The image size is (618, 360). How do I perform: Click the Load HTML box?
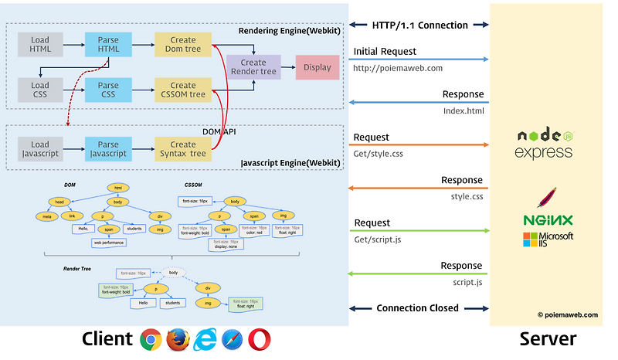(x=40, y=44)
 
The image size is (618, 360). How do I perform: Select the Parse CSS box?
(x=108, y=90)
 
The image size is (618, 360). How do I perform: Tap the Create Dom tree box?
(x=183, y=44)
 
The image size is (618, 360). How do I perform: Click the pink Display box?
(x=317, y=67)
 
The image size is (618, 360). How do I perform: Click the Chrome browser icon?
(x=151, y=339)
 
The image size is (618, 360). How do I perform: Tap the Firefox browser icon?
(x=178, y=339)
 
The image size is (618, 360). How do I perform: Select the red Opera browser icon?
(x=260, y=339)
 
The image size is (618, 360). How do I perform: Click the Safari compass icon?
(x=232, y=339)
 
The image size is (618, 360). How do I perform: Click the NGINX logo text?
(x=548, y=220)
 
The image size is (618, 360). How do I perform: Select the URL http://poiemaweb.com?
(x=398, y=68)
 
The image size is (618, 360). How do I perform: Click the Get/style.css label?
(x=379, y=154)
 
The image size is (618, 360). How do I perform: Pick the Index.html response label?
(x=463, y=110)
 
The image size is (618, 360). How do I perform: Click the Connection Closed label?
(x=417, y=308)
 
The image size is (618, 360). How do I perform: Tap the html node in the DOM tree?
(x=117, y=188)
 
